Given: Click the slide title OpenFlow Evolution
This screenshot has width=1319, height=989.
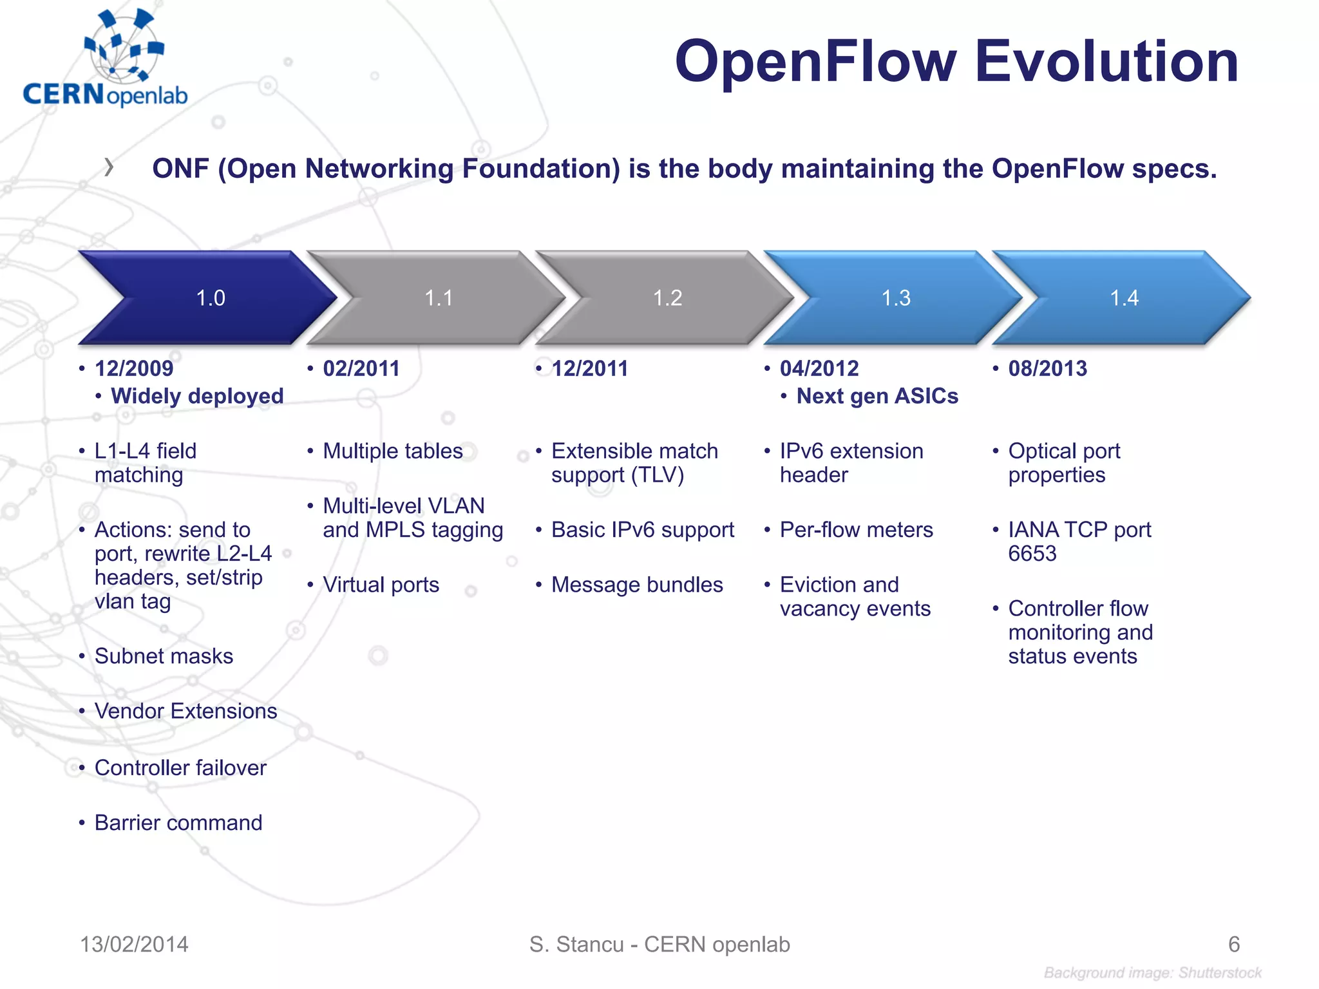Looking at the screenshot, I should point(956,62).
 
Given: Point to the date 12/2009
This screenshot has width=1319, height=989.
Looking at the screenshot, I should point(134,368).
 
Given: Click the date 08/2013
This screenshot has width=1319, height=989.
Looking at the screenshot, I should point(1047,368).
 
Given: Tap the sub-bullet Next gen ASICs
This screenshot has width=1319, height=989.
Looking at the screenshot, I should point(877,396).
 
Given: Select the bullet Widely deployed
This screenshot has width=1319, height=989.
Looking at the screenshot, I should point(197,396).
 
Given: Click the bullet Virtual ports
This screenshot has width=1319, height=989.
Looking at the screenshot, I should point(381,585).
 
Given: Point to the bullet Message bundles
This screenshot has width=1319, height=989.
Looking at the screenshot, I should point(637,585).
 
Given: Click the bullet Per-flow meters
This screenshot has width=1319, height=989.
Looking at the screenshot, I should point(856,530).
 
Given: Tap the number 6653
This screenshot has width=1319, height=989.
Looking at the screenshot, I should point(1032,554).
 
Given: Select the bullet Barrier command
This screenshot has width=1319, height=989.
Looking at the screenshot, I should point(178,823).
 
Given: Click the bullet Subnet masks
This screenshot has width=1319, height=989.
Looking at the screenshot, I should point(164,656).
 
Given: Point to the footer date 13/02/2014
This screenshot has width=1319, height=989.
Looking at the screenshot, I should point(134,945).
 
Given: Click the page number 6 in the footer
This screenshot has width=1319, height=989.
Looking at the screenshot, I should point(1233,945).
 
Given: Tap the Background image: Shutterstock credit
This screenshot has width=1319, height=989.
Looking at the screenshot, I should point(1152,973).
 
